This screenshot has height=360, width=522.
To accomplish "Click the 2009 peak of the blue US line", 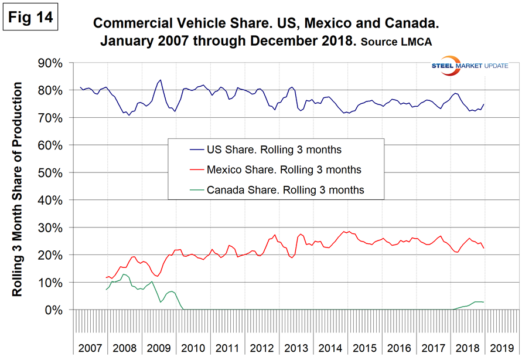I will point(161,80).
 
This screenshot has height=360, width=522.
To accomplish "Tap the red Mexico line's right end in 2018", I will point(483,247).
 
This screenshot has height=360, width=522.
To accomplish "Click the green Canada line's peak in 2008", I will point(124,274).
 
